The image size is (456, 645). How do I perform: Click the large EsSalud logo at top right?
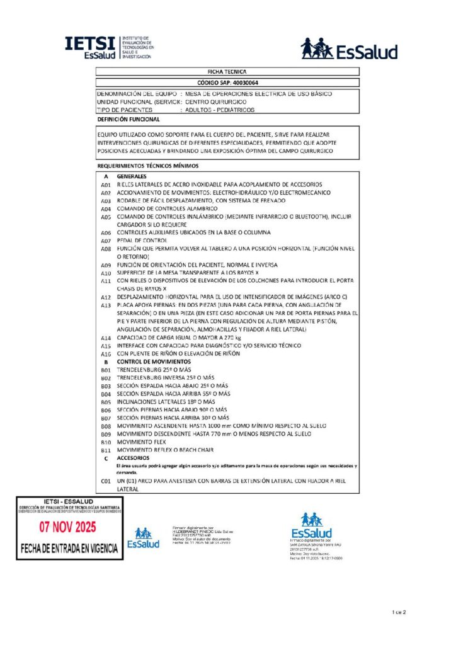click(348, 49)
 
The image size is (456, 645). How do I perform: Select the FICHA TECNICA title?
click(227, 72)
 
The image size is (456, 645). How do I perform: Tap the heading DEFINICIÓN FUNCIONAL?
click(128, 119)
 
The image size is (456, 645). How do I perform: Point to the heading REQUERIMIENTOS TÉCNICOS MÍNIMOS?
click(148, 166)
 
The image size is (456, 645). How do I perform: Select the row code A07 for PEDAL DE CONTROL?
click(106, 241)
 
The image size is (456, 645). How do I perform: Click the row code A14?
click(106, 338)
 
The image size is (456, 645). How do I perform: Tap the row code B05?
click(106, 401)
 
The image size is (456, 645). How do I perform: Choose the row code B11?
click(106, 450)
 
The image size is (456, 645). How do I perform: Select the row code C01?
click(106, 481)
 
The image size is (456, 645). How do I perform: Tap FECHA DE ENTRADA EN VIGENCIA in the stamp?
click(69, 548)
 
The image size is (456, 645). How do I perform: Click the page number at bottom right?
click(400, 612)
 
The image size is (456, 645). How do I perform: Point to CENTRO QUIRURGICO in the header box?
click(216, 101)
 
